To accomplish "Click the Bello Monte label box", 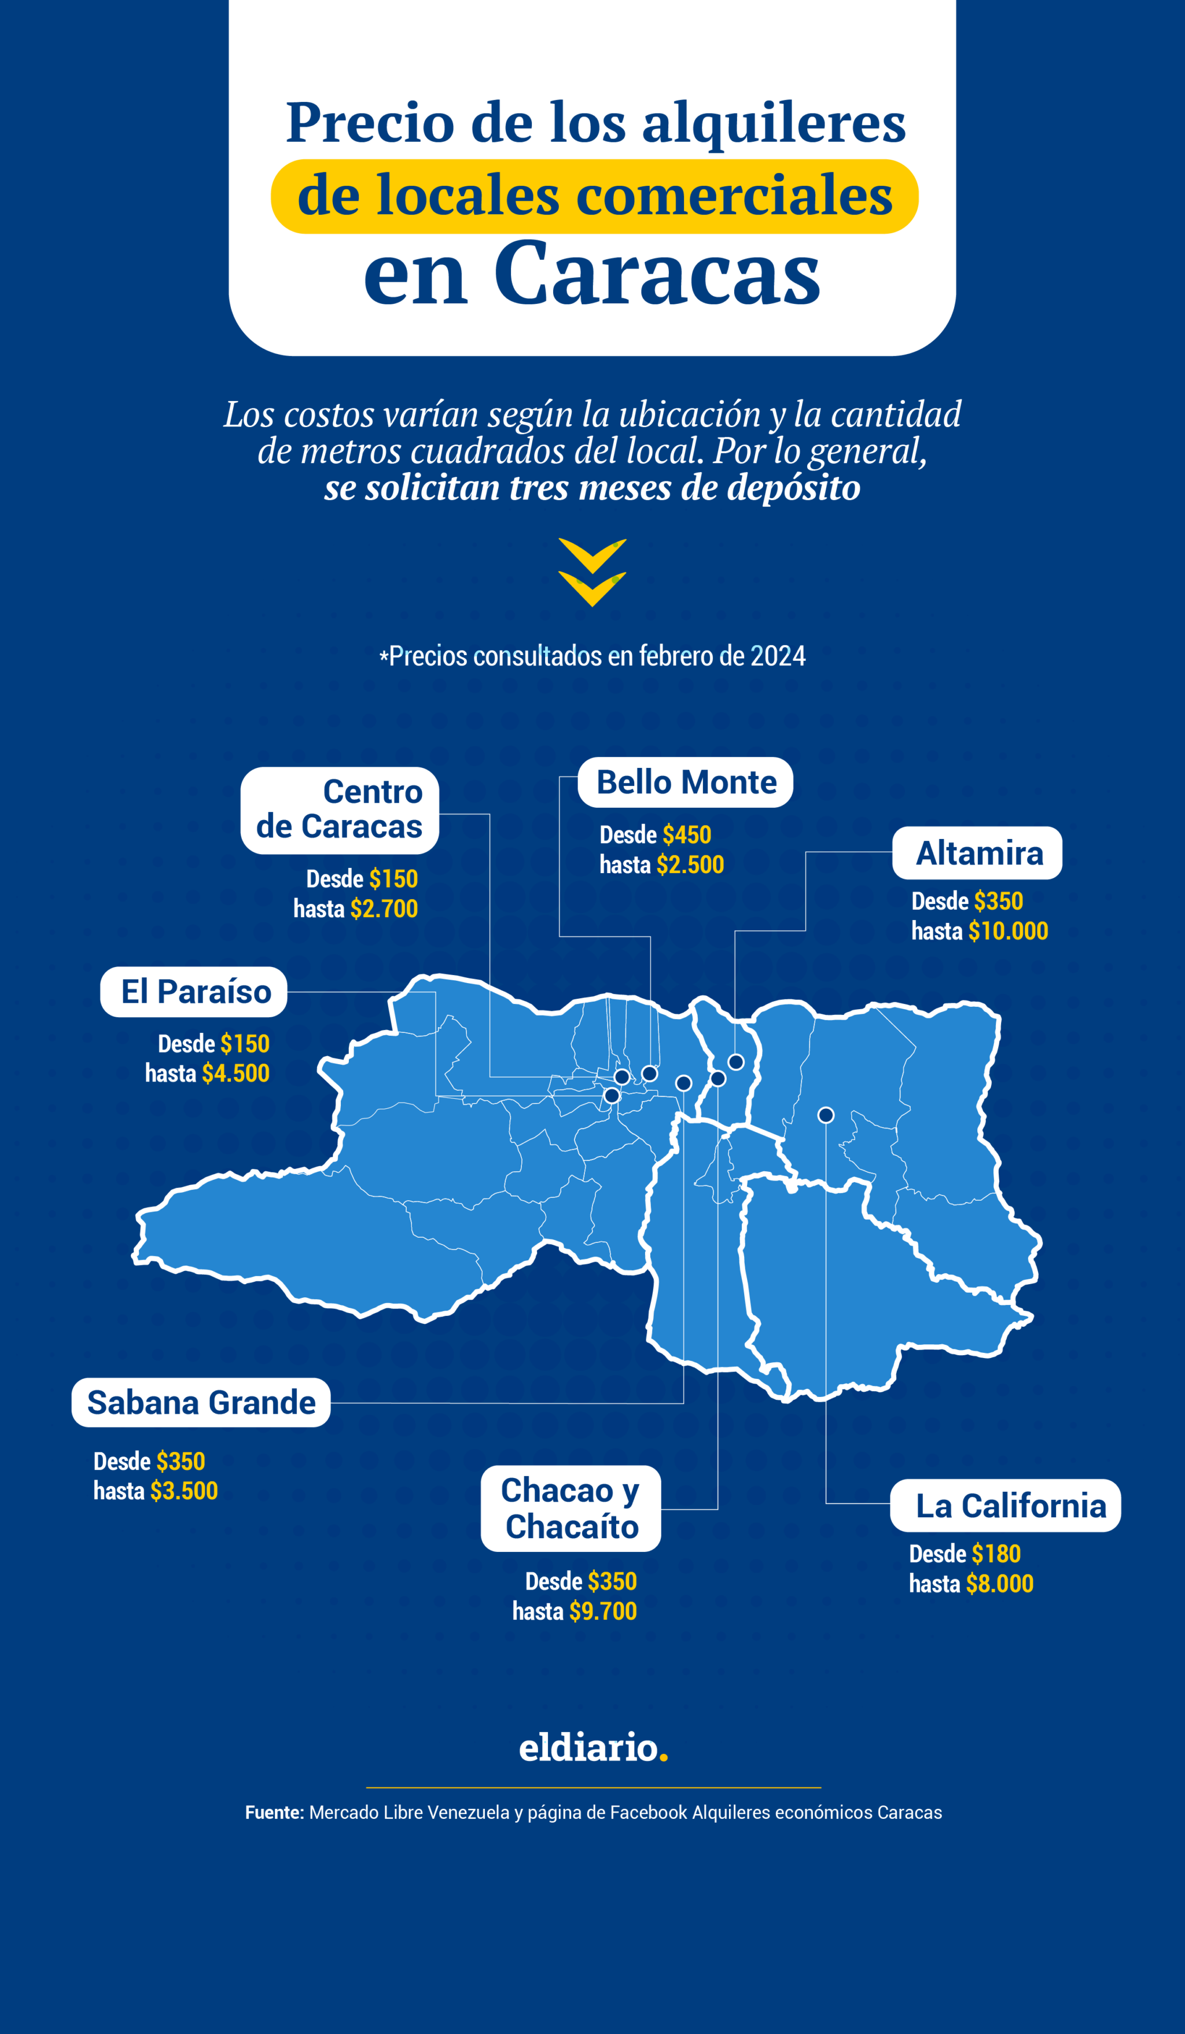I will [685, 782].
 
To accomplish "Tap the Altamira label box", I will [977, 853].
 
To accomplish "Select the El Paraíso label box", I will [194, 992].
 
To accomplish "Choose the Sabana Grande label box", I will [201, 1403].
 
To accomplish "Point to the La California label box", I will [1005, 1506].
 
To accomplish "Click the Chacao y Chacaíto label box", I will [571, 1509].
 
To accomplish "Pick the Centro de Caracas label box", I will [340, 810].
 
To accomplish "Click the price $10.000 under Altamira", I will [1008, 932].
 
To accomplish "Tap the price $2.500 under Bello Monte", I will [690, 865].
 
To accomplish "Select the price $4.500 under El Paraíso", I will [235, 1073].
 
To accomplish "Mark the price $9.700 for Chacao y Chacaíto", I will [603, 1611].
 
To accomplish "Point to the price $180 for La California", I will [996, 1554].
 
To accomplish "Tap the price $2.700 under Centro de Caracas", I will [384, 910].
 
